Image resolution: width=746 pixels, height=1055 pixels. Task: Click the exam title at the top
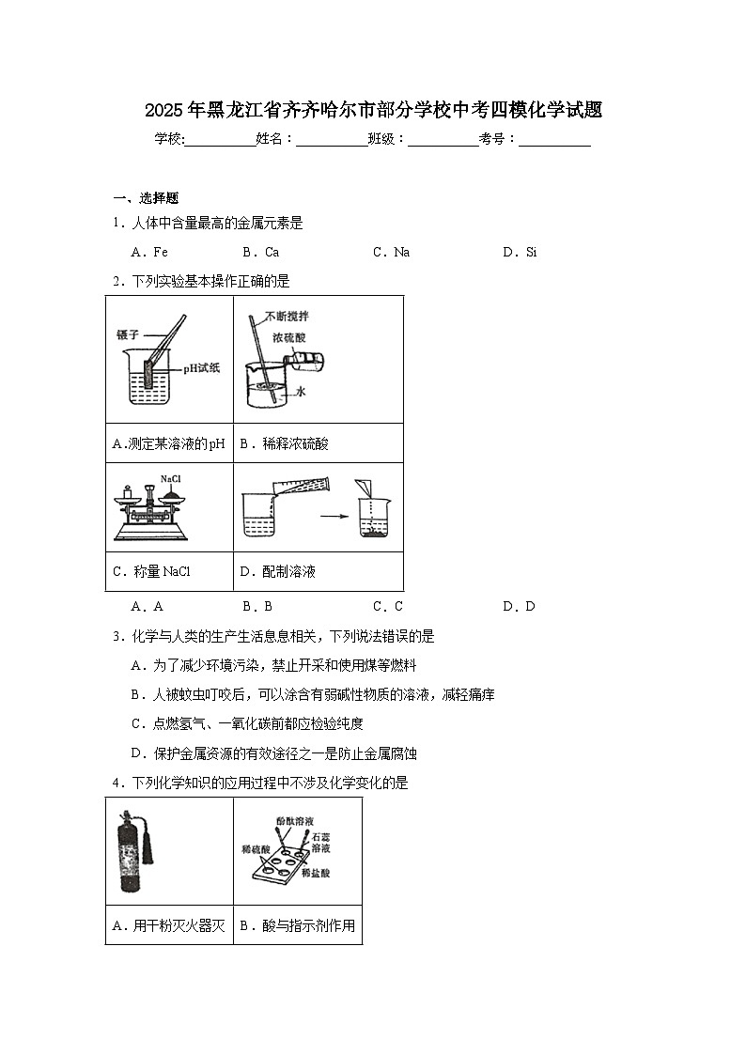coord(373,110)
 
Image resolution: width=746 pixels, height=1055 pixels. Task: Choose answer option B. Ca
coord(260,252)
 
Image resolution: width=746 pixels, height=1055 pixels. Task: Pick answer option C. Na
coord(391,252)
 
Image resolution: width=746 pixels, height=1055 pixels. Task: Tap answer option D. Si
coord(520,252)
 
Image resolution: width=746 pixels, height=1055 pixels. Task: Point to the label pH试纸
coord(201,368)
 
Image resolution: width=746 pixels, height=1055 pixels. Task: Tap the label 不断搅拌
coord(287,317)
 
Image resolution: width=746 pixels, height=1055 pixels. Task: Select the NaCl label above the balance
coord(170,479)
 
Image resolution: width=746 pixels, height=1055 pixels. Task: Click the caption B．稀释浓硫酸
coord(284,444)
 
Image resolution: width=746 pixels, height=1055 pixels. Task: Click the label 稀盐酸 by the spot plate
coord(313,873)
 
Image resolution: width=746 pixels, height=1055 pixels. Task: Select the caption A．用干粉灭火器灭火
coord(168,926)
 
